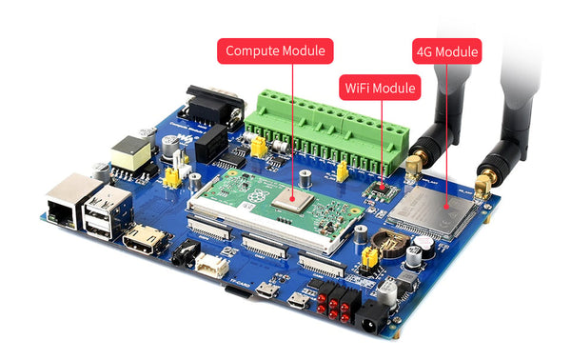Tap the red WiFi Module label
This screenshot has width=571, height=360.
coord(380,89)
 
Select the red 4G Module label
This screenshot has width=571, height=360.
coord(446,50)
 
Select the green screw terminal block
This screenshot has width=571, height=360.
coord(324,124)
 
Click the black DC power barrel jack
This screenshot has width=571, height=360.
coord(373,320)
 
